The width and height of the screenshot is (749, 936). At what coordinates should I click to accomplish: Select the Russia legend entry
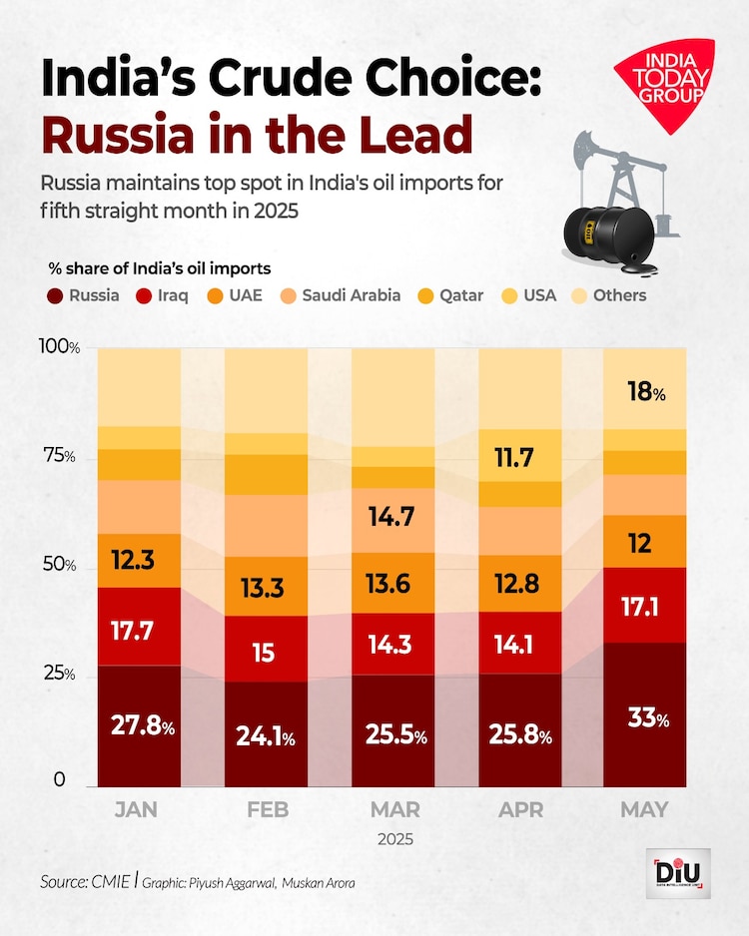click(86, 295)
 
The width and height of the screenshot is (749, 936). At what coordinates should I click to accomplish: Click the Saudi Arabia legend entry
click(341, 295)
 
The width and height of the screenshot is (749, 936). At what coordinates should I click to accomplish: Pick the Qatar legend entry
click(453, 295)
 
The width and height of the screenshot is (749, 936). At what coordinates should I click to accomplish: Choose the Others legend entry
click(608, 295)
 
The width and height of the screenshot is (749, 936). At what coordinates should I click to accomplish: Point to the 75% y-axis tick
click(57, 456)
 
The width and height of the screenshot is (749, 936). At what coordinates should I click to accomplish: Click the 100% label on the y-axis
click(59, 346)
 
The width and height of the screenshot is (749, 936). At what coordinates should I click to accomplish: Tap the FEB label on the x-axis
click(267, 809)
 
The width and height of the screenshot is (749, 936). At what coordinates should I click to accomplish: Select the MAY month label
click(644, 809)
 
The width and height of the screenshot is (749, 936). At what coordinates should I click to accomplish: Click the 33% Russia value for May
click(644, 719)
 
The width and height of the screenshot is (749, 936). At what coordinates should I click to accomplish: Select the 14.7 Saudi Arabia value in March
click(391, 517)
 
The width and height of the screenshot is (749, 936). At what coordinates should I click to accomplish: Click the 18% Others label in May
click(644, 393)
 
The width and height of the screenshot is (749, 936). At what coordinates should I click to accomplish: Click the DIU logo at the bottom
click(676, 870)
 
